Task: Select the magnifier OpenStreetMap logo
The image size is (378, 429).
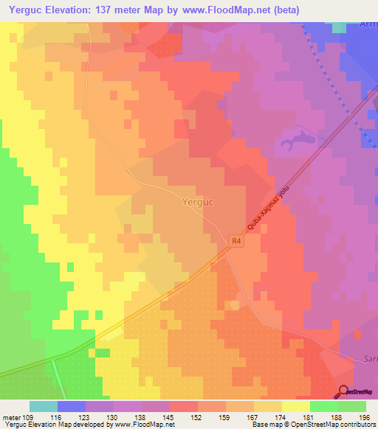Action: (343, 391)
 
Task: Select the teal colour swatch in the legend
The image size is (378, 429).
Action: (44, 406)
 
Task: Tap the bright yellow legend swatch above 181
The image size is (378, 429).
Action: (295, 406)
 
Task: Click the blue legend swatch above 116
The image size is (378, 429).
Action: (72, 406)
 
